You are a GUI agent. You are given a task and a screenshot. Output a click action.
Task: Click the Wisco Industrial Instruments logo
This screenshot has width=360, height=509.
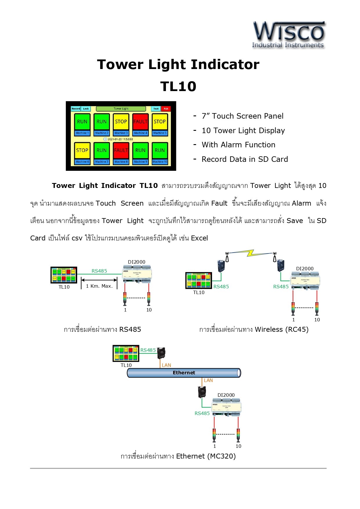point(289,35)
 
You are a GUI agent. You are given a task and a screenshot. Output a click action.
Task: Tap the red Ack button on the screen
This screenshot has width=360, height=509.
point(166,109)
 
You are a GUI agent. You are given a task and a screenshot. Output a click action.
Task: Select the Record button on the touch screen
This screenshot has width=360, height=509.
point(76,109)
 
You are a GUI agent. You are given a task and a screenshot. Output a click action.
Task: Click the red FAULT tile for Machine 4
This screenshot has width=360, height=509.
point(140,122)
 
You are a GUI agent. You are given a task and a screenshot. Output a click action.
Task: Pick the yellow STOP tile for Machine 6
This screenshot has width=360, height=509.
point(82,150)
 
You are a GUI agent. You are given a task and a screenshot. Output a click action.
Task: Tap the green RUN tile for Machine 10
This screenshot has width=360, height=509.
point(160,150)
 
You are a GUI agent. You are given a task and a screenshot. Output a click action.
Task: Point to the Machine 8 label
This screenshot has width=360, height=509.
point(121,162)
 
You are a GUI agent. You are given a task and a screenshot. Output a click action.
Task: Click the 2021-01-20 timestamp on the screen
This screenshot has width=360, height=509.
point(120,139)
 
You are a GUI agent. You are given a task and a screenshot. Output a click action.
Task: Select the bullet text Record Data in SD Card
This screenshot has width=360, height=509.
point(245,159)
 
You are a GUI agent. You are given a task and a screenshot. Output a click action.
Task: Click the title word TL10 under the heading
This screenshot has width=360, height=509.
point(178,86)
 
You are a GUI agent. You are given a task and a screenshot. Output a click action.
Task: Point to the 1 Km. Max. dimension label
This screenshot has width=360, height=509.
point(99,286)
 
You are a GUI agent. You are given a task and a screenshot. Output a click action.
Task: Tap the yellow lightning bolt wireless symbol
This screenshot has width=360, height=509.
point(251,253)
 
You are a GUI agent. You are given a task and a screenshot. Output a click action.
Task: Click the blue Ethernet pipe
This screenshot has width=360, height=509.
point(184,373)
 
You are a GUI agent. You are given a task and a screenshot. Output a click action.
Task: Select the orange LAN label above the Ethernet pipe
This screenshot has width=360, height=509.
point(166,365)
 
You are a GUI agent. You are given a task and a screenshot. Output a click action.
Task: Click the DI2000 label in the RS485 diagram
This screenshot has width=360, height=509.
point(137,262)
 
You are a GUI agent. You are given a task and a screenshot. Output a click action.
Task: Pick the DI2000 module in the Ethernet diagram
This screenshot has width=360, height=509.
point(226,408)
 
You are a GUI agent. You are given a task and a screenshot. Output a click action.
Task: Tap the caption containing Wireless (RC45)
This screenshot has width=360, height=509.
point(254,329)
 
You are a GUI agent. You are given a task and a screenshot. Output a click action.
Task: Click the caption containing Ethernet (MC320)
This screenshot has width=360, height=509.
point(178,456)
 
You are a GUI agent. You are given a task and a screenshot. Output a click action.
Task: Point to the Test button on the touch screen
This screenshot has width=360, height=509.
point(156,109)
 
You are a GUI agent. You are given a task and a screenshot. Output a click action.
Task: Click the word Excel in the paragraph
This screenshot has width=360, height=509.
point(199,238)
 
